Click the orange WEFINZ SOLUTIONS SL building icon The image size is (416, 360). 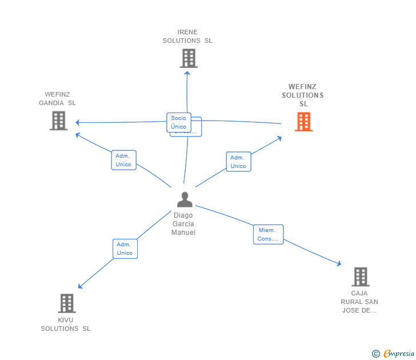tap(303, 122)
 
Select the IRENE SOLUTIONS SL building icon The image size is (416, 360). tap(189, 58)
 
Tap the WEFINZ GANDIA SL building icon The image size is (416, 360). tap(58, 121)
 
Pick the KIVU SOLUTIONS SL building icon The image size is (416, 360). tap(67, 303)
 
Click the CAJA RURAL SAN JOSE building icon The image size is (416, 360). tap(360, 277)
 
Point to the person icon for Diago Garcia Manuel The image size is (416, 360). tap(185, 199)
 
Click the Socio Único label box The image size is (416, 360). tap(178, 122)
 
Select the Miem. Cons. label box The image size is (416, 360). tap(268, 234)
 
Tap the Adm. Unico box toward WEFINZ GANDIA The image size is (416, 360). tap(123, 160)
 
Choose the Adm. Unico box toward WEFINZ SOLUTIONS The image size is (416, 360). tap(238, 162)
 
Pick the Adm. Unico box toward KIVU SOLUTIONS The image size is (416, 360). tap(125, 249)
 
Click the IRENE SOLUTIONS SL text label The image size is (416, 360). tap(187, 37)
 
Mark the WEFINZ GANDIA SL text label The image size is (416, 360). tap(57, 99)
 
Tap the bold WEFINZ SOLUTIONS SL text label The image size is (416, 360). tap(303, 95)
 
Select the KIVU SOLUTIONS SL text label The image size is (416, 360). tap(66, 325)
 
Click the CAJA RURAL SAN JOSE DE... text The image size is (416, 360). tap(359, 302)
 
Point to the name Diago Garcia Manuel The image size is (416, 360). tap(183, 224)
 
